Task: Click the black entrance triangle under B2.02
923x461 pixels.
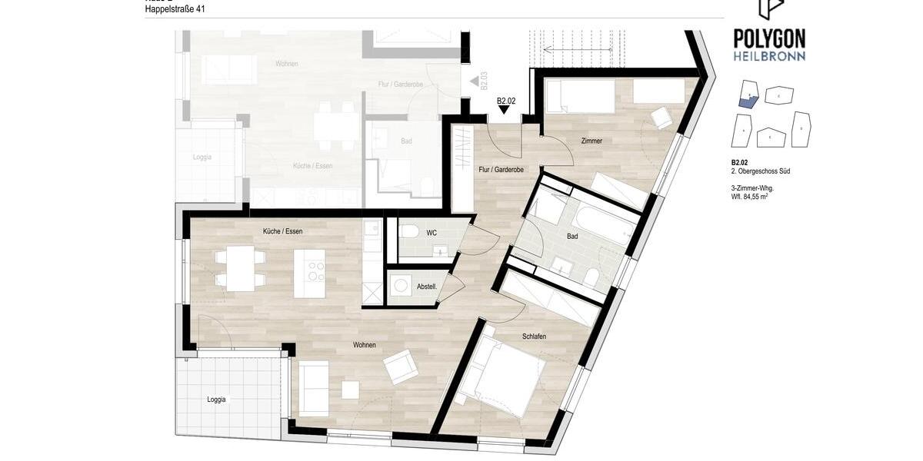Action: (x=504, y=110)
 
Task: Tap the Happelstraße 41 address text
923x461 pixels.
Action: (x=175, y=9)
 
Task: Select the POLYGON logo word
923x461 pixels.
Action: (x=769, y=38)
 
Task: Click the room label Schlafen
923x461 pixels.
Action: (x=534, y=337)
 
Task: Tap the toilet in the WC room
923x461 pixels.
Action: (x=410, y=231)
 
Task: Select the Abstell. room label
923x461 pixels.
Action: (x=427, y=287)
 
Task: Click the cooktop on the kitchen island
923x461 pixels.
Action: (x=316, y=271)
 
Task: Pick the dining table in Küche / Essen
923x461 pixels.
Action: (x=240, y=268)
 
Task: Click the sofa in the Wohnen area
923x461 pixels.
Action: (x=313, y=388)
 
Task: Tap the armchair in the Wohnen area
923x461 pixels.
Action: (x=401, y=366)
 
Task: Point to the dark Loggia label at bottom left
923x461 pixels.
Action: (x=216, y=400)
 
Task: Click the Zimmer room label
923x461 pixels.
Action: (x=591, y=141)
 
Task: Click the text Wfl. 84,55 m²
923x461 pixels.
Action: (x=749, y=197)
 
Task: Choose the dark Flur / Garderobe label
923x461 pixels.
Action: (x=501, y=169)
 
